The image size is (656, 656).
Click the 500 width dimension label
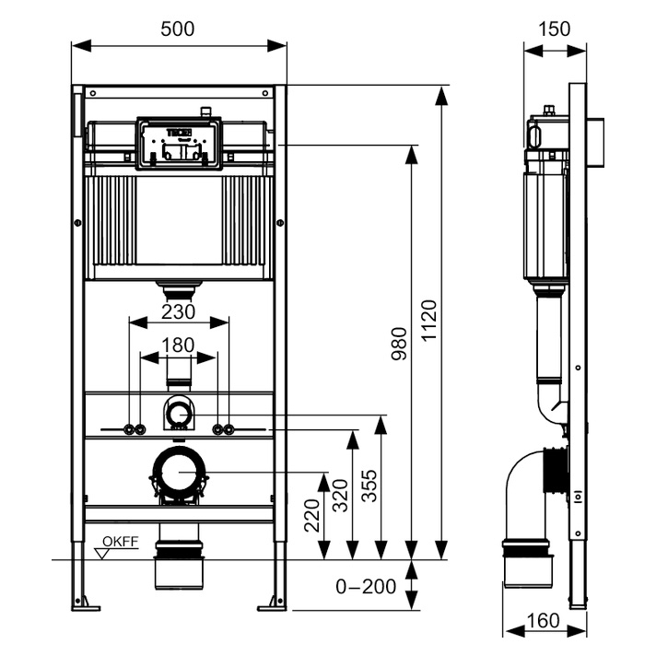[177, 29]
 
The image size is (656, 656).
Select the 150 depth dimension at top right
[553, 29]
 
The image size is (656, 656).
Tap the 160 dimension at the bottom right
[544, 623]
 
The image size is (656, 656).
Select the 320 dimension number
[339, 496]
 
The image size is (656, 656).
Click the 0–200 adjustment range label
[366, 586]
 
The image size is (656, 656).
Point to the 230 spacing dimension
[178, 311]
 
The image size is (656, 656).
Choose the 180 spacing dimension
[178, 345]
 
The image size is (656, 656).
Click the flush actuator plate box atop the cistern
[179, 143]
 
